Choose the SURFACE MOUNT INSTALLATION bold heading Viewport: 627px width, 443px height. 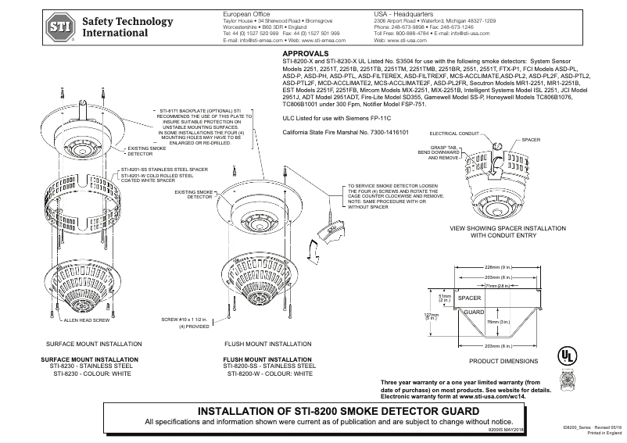(88, 359)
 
